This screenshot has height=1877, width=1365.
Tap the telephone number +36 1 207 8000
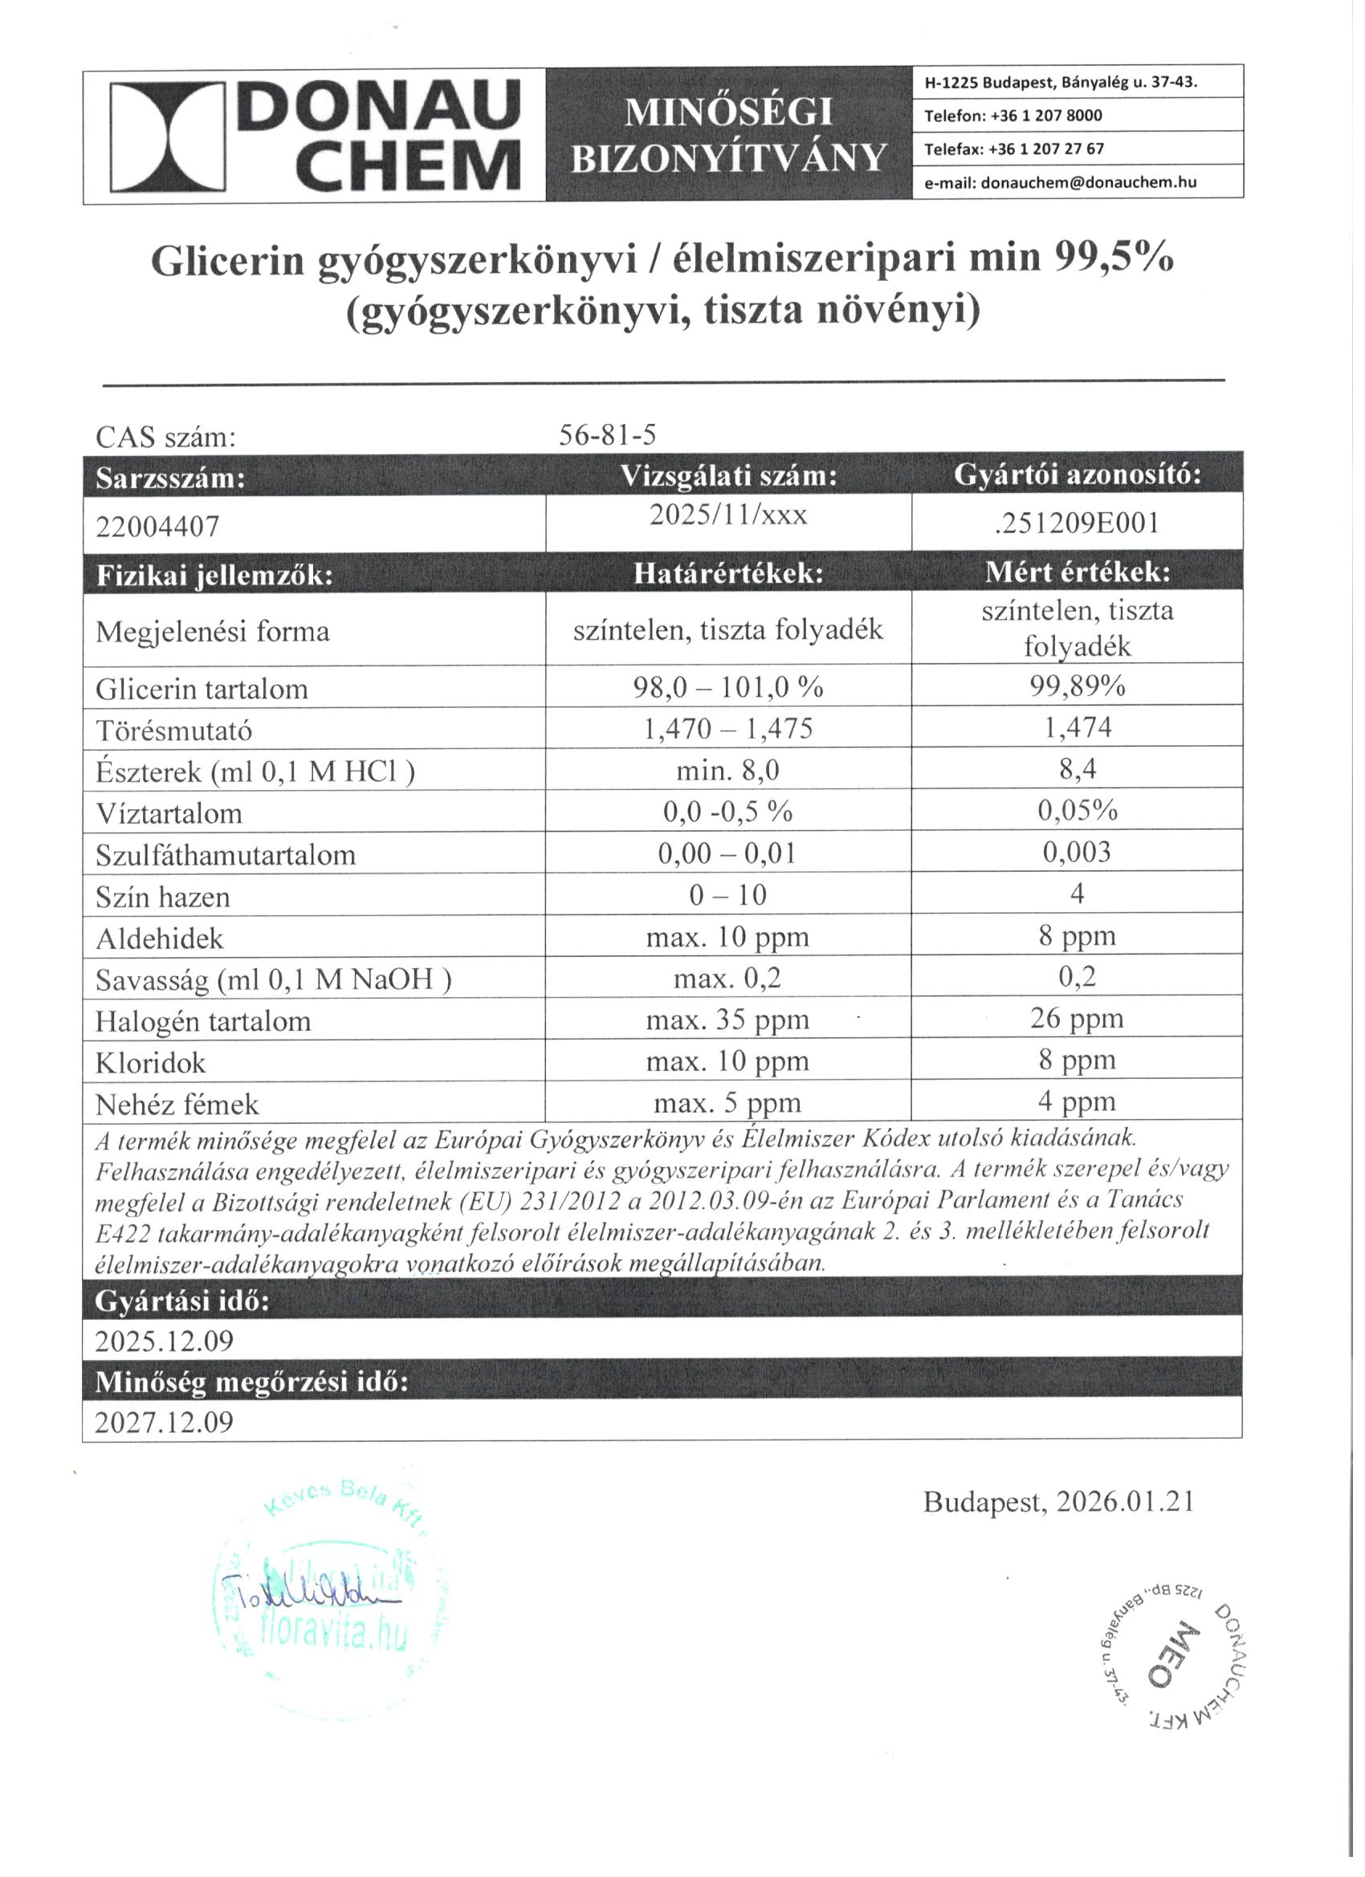tap(1046, 116)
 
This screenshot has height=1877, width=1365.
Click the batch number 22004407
tap(157, 527)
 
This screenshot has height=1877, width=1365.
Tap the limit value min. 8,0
tap(727, 771)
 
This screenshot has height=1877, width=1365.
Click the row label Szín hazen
tap(162, 897)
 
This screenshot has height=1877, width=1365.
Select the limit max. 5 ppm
tap(727, 1102)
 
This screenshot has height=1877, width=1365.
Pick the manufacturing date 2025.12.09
tap(164, 1341)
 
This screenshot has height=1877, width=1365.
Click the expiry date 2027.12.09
tap(164, 1422)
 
